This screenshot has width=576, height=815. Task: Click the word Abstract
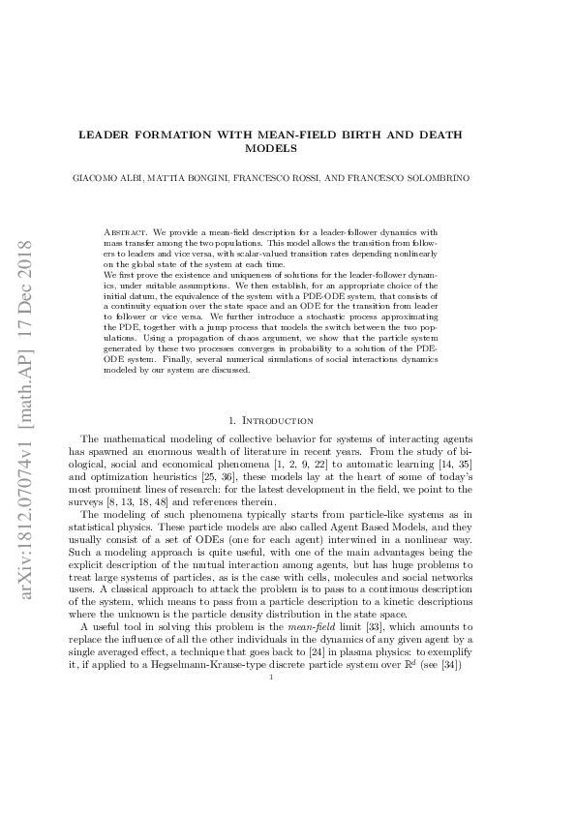121,232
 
